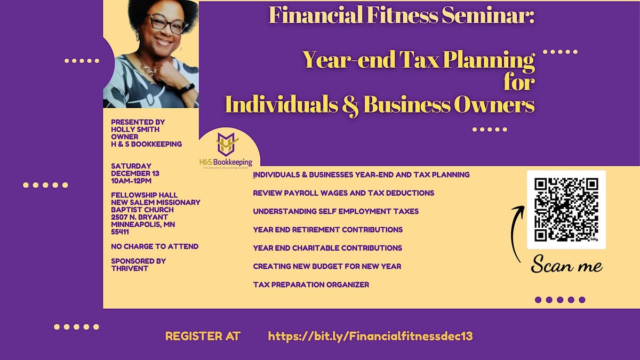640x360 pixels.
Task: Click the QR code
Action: pos(566,209)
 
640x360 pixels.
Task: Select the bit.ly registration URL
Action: pos(370,337)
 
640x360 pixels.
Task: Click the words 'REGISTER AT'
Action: pos(203,337)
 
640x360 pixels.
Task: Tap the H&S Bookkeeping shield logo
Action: pos(227,144)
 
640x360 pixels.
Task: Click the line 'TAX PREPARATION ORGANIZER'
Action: pos(311,285)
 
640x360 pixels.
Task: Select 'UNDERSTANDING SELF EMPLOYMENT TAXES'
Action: pos(336,211)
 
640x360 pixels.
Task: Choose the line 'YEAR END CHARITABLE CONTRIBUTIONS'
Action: pos(327,248)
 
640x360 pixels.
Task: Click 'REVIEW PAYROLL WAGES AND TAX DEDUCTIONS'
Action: pos(343,193)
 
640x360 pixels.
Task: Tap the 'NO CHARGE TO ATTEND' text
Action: pos(155,246)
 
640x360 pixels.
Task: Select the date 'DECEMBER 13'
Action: pos(135,173)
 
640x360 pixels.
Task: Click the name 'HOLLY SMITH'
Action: pos(135,130)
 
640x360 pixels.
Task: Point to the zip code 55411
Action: pos(120,232)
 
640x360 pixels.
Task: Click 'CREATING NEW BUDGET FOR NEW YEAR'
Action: pos(327,266)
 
